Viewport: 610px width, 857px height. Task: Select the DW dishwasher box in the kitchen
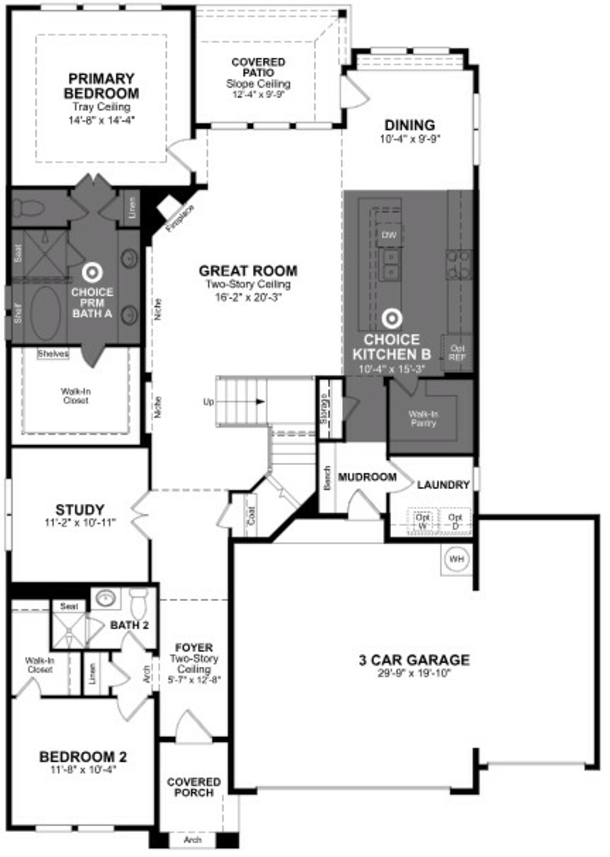[x=389, y=235]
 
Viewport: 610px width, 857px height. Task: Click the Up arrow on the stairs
[x=259, y=401]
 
